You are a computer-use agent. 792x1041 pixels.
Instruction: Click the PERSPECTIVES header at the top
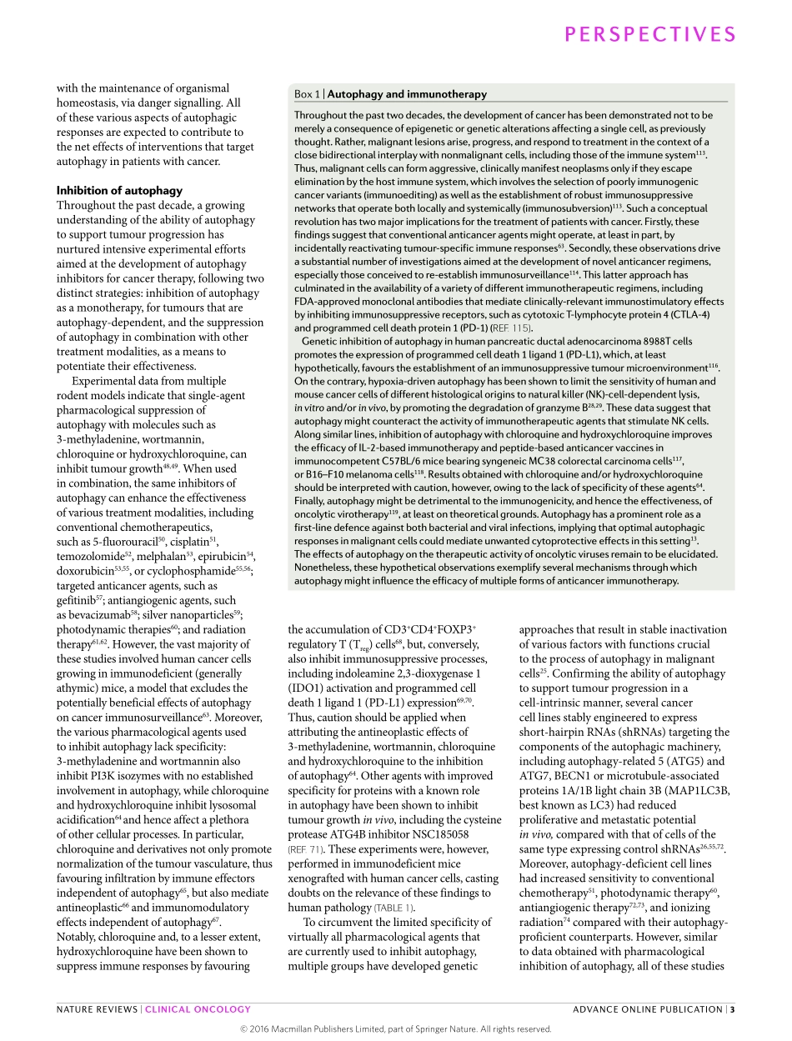coord(650,34)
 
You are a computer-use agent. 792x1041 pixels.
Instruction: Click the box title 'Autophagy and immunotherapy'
coord(407,95)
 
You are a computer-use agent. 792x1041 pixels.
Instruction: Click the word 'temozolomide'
coord(88,556)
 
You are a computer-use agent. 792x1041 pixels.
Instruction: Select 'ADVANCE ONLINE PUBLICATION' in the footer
coord(648,1009)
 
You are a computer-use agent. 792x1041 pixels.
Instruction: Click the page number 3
coord(732,1009)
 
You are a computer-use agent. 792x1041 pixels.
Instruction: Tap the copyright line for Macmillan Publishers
coord(396,1028)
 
